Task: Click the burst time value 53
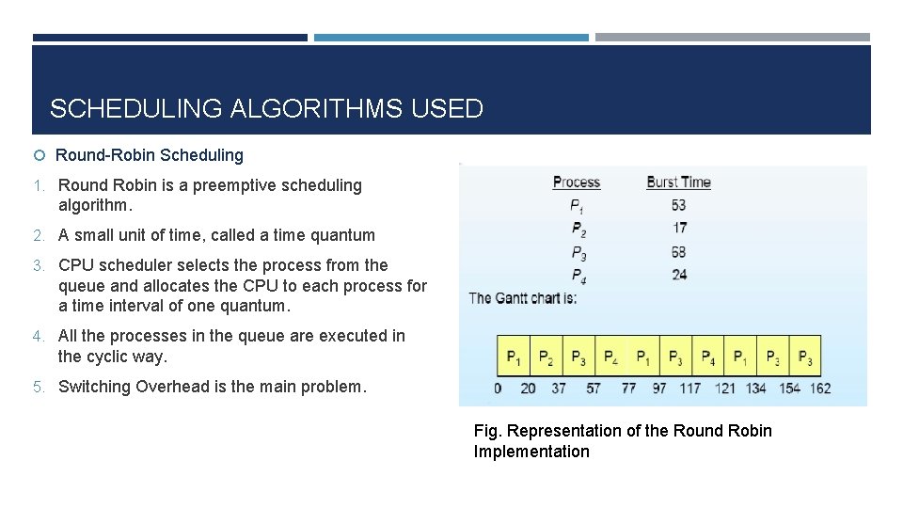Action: [678, 205]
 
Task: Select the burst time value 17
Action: [679, 228]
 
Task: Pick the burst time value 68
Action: [679, 252]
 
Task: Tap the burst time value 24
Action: [679, 275]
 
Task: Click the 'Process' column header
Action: [576, 183]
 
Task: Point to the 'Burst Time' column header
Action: [678, 183]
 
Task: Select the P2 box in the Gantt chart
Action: [546, 358]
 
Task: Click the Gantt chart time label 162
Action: [819, 389]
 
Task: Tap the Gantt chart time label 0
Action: [498, 389]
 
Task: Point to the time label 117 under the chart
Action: [690, 389]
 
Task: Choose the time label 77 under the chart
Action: [628, 389]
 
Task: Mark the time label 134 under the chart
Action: [754, 389]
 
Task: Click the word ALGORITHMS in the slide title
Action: [315, 109]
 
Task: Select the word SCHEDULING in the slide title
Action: [136, 109]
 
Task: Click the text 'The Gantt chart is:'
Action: [523, 298]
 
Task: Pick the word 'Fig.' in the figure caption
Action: [488, 431]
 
